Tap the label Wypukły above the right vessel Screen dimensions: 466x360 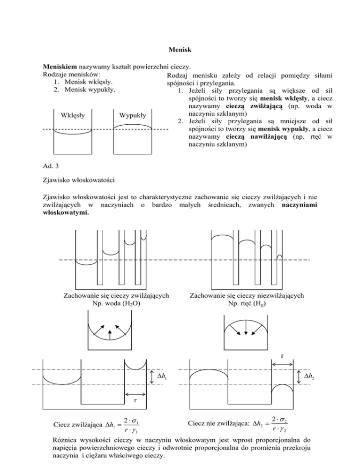[x=133, y=115]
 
